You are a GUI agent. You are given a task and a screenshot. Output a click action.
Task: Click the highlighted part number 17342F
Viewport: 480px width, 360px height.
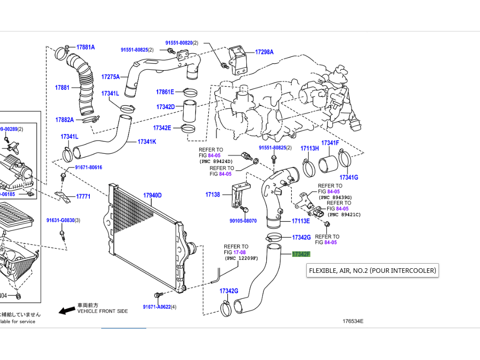click(301, 254)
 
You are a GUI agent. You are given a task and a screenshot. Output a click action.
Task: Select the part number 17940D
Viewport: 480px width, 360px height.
click(153, 196)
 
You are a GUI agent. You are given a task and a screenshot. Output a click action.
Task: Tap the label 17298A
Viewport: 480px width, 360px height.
click(264, 52)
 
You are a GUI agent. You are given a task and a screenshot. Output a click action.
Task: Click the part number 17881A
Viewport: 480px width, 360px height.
click(85, 47)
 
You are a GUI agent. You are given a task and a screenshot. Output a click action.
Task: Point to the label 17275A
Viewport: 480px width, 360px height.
click(110, 77)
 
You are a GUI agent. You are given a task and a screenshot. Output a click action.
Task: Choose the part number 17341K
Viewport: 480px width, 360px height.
click(147, 142)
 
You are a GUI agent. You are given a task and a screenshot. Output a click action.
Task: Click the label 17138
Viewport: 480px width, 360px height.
click(212, 194)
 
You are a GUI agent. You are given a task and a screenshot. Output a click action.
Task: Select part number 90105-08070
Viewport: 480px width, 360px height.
click(243, 221)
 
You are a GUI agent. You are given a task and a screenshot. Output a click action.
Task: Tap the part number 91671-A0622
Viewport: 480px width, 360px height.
click(156, 307)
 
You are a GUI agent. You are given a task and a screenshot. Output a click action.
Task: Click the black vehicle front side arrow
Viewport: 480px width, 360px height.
click(67, 310)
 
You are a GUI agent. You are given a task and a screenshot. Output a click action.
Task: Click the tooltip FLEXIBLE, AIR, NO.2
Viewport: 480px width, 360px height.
click(372, 271)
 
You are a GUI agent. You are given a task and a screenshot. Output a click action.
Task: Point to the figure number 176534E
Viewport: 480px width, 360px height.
click(353, 321)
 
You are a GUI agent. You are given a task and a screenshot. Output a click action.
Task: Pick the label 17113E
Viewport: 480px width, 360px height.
click(301, 221)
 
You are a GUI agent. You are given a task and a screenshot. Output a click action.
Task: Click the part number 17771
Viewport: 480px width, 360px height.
click(83, 197)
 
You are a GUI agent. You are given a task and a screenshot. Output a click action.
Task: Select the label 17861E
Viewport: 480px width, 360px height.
click(165, 92)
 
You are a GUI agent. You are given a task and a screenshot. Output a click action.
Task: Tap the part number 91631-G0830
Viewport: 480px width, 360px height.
click(60, 220)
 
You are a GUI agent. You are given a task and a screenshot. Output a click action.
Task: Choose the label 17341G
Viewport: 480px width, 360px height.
click(349, 177)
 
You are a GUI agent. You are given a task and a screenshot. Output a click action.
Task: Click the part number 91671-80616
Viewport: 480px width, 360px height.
click(88, 167)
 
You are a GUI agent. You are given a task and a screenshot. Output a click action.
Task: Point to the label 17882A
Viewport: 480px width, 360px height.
click(64, 120)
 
